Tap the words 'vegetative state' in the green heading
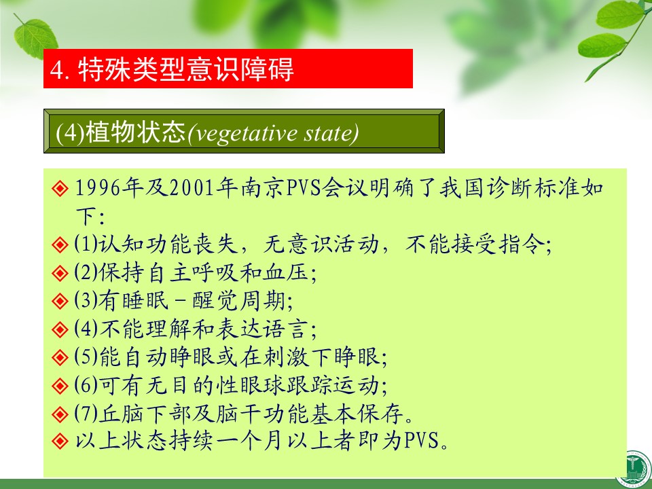tap(274, 133)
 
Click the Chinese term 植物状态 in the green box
tap(135, 132)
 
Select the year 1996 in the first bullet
tap(97, 188)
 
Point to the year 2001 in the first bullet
tap(192, 188)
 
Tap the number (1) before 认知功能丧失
tap(86, 244)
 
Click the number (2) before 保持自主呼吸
tap(86, 272)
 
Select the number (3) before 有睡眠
tap(86, 300)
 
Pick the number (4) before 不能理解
tap(86, 329)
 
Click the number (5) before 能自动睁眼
tap(86, 357)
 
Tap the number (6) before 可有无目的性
tap(86, 385)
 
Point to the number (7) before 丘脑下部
tap(86, 413)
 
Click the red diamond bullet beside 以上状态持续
tap(60, 440)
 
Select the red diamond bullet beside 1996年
tap(60, 188)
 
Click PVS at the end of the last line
tap(422, 440)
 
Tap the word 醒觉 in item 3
tap(215, 300)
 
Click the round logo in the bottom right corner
tap(635, 469)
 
